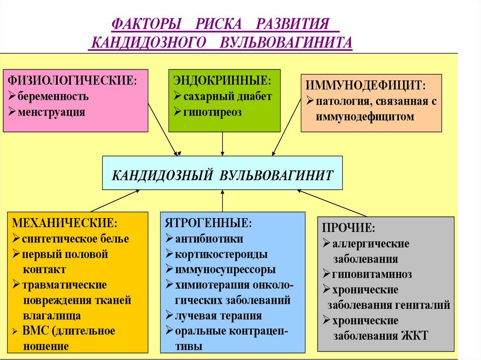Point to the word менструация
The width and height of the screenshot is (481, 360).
52,112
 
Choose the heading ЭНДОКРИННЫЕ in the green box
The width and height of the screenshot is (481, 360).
222,80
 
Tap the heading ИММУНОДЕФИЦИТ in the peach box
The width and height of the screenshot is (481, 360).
366,85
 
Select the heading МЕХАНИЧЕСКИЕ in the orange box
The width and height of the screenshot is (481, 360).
65,222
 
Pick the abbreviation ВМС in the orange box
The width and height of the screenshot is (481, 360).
36,331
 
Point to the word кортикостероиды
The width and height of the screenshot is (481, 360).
221,254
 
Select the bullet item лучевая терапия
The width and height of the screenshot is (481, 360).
218,315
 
